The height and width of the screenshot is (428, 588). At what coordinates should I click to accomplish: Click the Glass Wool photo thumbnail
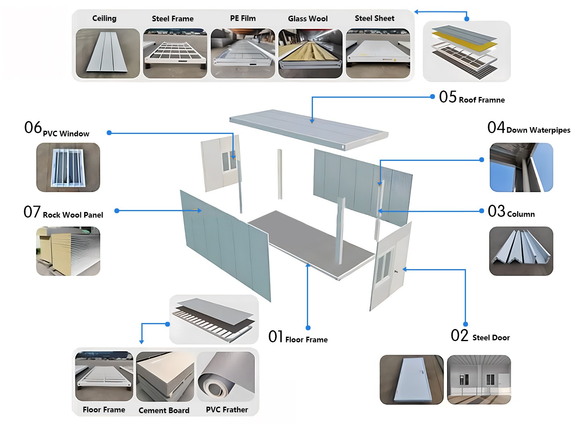coord(310,53)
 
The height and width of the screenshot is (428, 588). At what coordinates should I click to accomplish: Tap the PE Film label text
coord(243,19)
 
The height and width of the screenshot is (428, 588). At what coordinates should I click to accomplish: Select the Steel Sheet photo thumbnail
coord(378,53)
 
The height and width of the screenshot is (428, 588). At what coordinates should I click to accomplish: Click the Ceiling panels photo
coord(108,53)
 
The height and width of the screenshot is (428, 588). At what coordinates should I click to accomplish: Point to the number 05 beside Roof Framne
coord(448,97)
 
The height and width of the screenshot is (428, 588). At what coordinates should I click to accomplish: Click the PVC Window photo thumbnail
coord(68,167)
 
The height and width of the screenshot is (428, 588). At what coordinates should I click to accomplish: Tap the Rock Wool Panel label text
coord(73,215)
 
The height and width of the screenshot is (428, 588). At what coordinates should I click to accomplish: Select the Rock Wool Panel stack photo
coord(68,251)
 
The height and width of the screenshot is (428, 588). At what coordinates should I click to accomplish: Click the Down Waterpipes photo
coord(521,167)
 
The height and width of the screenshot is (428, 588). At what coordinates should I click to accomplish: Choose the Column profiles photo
coord(521,251)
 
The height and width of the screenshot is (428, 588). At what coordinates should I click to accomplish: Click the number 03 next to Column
coord(496,211)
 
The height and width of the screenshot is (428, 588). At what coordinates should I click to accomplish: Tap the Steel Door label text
coord(491,337)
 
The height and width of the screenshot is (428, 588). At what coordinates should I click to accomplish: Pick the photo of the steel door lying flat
coord(412,380)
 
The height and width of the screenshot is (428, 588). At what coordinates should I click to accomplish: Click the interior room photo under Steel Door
coord(479,380)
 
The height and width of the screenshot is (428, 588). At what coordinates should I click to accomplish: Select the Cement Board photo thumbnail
coord(165,377)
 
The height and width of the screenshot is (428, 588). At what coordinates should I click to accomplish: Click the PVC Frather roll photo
coord(226,377)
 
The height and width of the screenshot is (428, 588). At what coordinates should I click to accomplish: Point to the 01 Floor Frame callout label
coord(298,337)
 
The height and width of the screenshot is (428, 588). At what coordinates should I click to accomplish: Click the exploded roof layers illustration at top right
coord(466,51)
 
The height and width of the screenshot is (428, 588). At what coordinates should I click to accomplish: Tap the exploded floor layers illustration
coord(214,319)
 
